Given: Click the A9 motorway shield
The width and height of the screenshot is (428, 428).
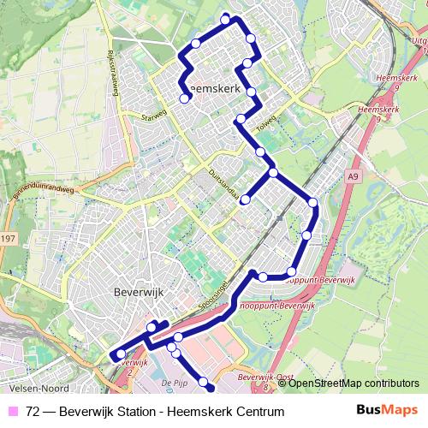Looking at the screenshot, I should (x=352, y=177).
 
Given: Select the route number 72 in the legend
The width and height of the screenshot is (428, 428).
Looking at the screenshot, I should (x=33, y=412).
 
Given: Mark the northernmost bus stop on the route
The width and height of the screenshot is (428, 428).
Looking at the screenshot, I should (x=226, y=19).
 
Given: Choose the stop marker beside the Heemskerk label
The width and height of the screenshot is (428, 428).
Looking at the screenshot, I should (x=184, y=98).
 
